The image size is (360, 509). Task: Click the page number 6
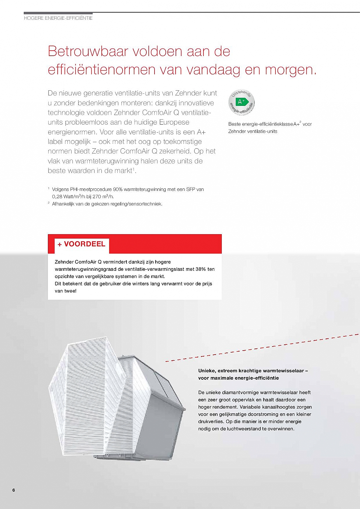click(x=14, y=490)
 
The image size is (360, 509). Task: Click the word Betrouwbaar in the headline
click(x=88, y=52)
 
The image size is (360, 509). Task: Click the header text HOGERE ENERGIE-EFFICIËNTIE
click(x=58, y=18)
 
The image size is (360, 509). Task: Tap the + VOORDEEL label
click(x=82, y=244)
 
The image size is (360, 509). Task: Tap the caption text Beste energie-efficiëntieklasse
click(x=260, y=124)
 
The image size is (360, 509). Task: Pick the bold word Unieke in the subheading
click(x=206, y=371)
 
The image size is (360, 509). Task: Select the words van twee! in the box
click(x=66, y=291)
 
